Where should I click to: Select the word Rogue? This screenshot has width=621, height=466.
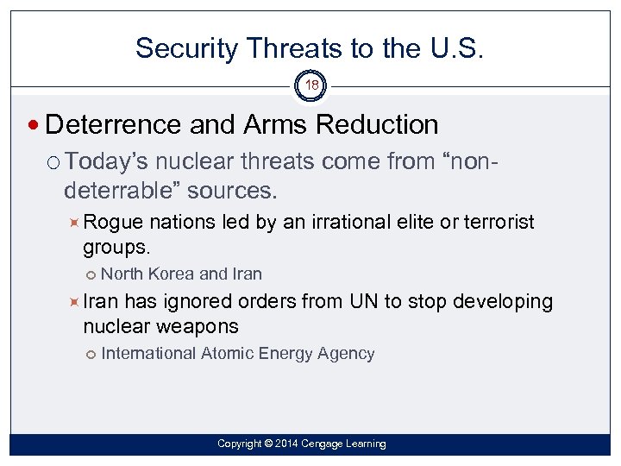[x=115, y=223]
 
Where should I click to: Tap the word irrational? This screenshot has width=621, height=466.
[x=346, y=223]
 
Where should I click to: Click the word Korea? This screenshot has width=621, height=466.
[x=172, y=274]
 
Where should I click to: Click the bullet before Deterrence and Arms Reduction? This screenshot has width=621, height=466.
[x=34, y=126]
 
